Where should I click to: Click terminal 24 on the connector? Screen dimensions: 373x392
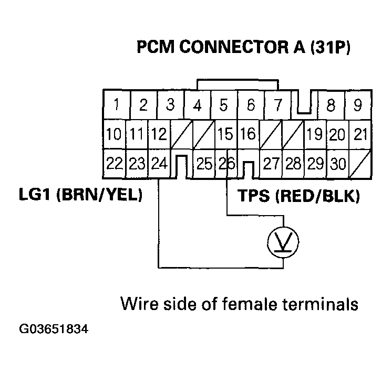pyautogui.click(x=159, y=164)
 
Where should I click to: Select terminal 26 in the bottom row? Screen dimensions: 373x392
pyautogui.click(x=226, y=164)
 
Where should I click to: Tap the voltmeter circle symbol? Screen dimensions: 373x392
pyautogui.click(x=284, y=241)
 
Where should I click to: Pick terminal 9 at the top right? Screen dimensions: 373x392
pyautogui.click(x=358, y=105)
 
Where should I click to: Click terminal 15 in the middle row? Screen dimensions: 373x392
pyautogui.click(x=225, y=135)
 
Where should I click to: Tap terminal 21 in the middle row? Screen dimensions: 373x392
pyautogui.click(x=360, y=135)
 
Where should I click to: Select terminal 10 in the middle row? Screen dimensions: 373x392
pyautogui.click(x=114, y=135)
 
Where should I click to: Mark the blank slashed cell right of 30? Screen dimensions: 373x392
pyautogui.click(x=360, y=164)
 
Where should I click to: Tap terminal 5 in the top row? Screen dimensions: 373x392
pyautogui.click(x=223, y=105)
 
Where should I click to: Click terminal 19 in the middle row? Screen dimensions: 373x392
pyautogui.click(x=314, y=135)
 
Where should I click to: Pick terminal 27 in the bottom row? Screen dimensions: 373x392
pyautogui.click(x=271, y=164)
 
